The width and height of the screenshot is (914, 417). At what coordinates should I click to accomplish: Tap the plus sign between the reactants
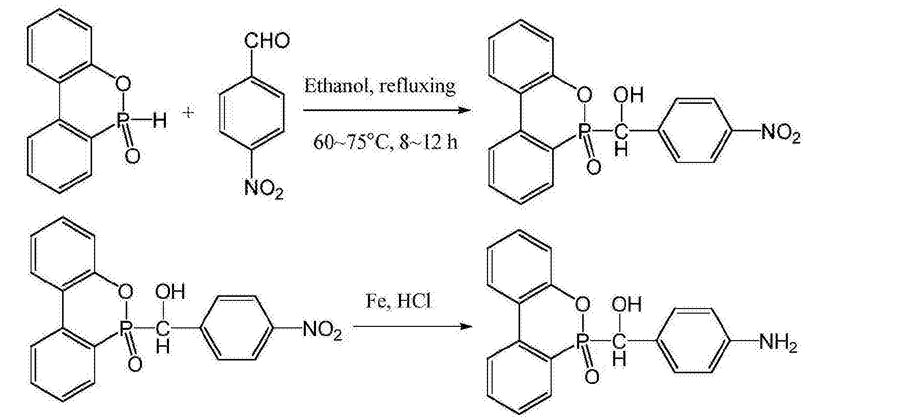coord(189,113)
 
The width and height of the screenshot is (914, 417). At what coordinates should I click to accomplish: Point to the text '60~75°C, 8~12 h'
coord(385,142)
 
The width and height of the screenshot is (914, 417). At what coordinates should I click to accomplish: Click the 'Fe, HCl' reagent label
coord(397,301)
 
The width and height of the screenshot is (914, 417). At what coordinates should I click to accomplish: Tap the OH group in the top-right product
coord(629,95)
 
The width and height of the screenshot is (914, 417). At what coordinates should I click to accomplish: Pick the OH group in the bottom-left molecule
coord(170,292)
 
